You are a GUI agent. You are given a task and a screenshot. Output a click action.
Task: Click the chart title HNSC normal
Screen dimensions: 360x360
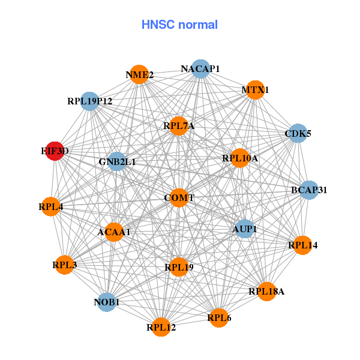click(x=179, y=25)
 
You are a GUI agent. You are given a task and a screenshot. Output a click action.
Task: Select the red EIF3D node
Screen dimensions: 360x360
click(x=54, y=152)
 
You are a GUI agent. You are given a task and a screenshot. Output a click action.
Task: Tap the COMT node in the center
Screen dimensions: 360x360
click(x=179, y=198)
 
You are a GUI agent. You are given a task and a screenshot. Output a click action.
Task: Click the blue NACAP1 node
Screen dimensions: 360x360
click(x=200, y=69)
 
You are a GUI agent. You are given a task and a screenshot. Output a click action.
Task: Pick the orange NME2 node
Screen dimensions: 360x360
click(x=139, y=75)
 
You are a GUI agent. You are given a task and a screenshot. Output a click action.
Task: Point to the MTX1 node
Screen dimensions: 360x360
click(x=255, y=90)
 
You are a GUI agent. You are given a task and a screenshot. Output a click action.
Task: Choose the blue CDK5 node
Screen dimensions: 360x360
click(x=298, y=133)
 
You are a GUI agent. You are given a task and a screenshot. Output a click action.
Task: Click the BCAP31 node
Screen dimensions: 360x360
click(x=309, y=190)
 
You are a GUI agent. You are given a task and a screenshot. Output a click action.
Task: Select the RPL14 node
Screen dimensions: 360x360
click(x=302, y=245)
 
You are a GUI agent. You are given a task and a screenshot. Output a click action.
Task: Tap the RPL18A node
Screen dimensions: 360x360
click(x=266, y=292)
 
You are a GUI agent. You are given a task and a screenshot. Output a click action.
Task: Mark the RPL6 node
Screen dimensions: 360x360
click(x=219, y=317)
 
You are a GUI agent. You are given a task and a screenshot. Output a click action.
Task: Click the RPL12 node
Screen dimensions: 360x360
click(x=161, y=327)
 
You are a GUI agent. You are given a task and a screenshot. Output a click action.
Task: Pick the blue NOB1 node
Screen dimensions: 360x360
click(x=107, y=302)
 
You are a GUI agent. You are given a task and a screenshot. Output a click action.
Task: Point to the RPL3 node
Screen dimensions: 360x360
click(x=64, y=265)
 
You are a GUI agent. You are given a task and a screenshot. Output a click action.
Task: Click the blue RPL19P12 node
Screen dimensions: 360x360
click(x=89, y=101)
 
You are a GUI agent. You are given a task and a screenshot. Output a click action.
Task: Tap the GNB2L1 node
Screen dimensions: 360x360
click(x=117, y=161)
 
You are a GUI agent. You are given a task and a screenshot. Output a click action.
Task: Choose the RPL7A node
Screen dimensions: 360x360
click(x=179, y=126)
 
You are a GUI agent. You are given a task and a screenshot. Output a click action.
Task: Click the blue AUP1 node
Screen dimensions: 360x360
click(x=244, y=229)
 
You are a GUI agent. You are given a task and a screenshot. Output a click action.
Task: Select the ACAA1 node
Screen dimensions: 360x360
click(x=114, y=232)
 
